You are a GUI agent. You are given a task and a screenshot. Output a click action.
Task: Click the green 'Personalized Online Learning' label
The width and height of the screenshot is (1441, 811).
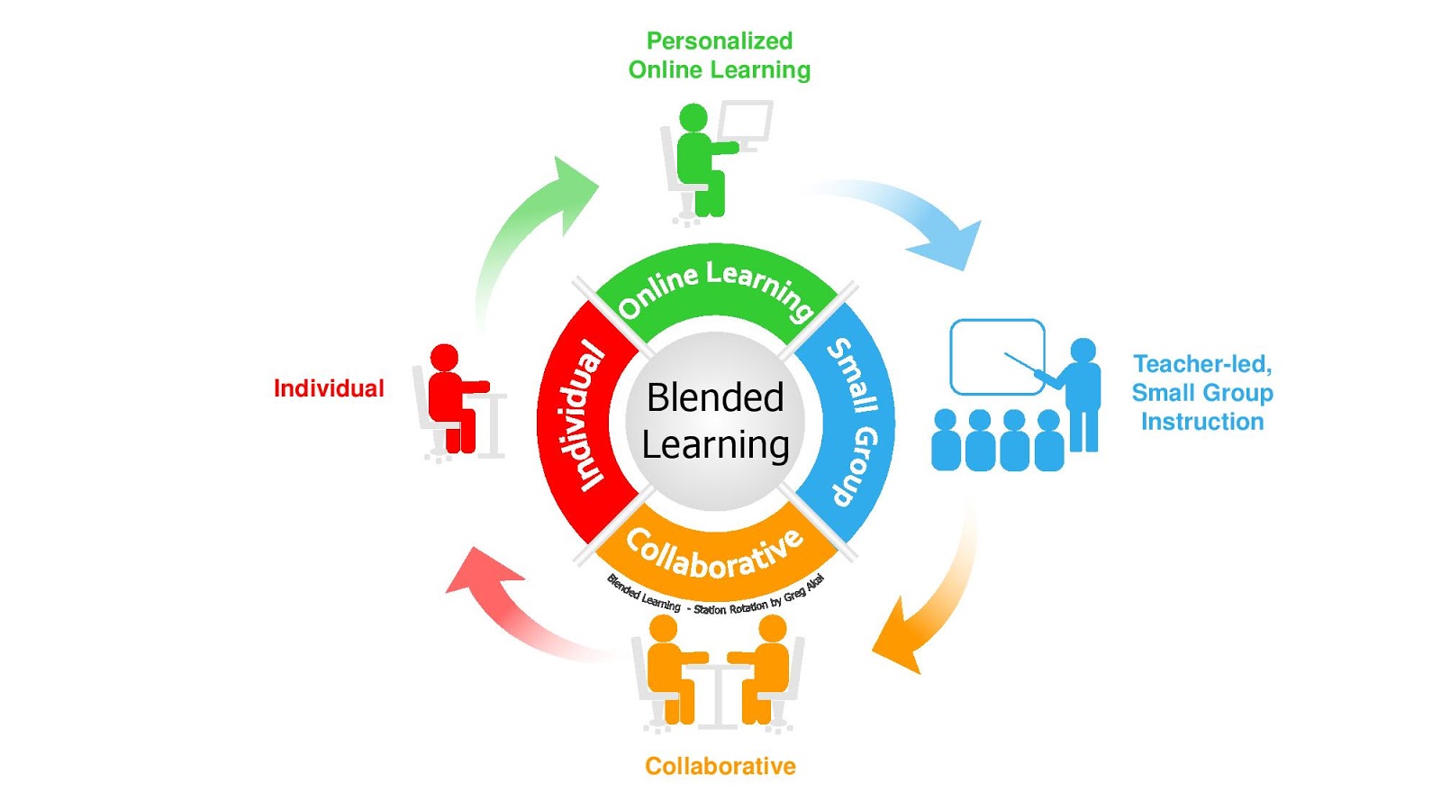[719, 55]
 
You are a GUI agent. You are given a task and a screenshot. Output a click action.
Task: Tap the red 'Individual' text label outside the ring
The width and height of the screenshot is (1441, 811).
[329, 388]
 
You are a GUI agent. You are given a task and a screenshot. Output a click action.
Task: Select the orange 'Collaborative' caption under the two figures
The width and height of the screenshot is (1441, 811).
[720, 766]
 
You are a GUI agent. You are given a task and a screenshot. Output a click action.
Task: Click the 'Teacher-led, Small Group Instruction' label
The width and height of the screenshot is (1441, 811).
[1201, 393]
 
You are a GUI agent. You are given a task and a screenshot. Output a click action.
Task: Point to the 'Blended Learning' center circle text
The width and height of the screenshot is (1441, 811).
[715, 421]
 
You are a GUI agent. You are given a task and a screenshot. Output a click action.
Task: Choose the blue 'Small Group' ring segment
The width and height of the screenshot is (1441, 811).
[852, 421]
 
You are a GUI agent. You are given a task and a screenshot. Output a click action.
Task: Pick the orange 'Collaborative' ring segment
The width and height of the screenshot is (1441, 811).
[715, 555]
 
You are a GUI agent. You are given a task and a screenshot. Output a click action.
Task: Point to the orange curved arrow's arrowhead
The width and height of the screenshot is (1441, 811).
[901, 640]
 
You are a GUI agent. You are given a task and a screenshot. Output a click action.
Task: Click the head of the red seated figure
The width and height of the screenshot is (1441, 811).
[444, 357]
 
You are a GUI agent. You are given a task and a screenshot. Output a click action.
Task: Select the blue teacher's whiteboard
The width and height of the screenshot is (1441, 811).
[996, 357]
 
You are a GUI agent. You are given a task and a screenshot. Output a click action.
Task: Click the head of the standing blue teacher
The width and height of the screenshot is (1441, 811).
[1083, 351]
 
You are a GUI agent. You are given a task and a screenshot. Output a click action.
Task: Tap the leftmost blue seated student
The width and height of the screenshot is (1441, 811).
[946, 442]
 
